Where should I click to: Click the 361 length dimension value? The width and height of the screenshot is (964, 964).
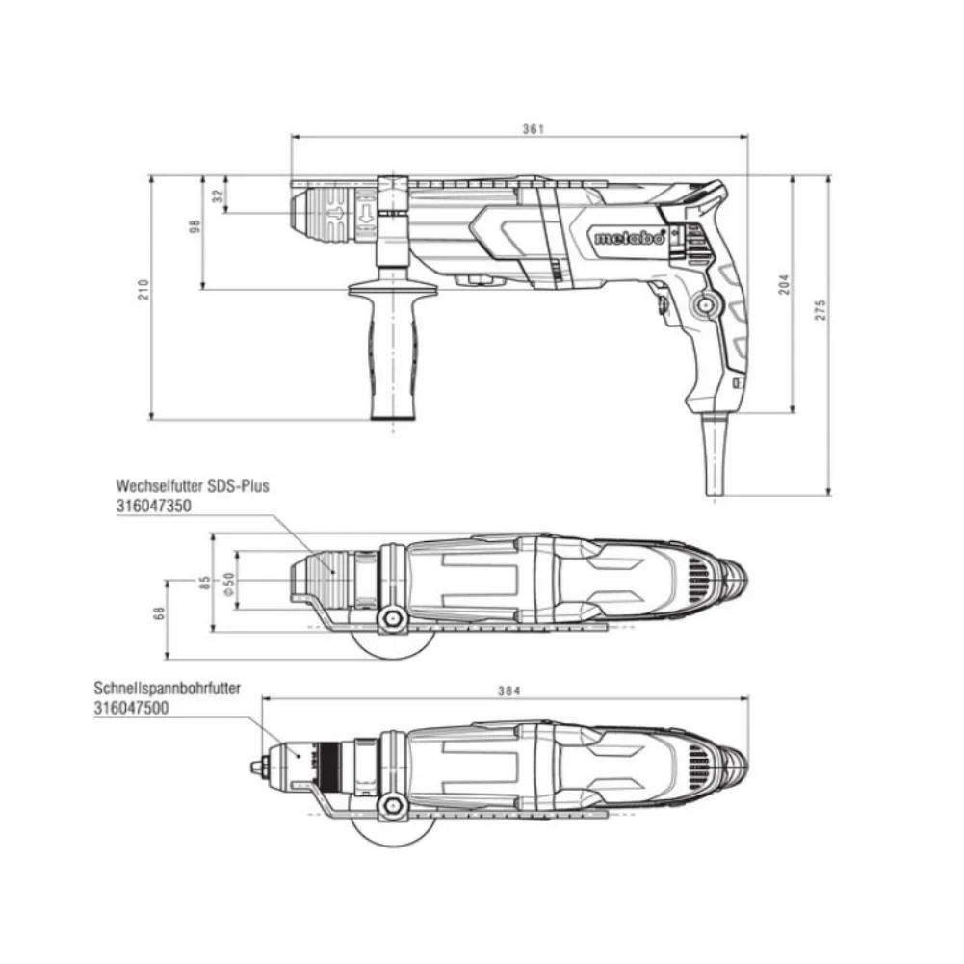[533, 128]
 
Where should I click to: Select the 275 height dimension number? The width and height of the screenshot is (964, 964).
[821, 310]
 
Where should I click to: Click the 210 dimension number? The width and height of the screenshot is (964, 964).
[143, 289]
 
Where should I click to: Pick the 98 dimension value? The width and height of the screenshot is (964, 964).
[195, 225]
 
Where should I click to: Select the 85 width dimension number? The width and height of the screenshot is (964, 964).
[205, 582]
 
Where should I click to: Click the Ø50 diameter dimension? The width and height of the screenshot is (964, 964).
[228, 584]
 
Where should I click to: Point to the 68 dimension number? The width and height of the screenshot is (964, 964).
[160, 612]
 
